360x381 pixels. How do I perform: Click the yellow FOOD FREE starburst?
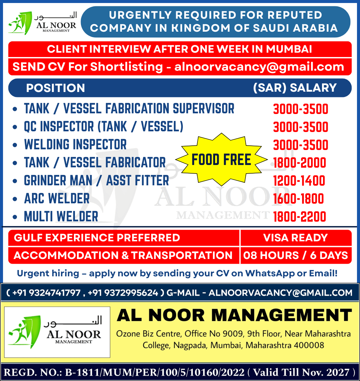coord(221,160)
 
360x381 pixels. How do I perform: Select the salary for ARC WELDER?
coord(298,199)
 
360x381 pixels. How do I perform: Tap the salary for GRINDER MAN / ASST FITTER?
coord(299,181)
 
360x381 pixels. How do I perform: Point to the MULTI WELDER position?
coord(61,217)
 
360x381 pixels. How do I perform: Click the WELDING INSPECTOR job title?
coord(75,145)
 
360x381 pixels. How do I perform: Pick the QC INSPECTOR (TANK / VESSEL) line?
coord(104,127)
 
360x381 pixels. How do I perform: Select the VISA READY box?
coord(295,238)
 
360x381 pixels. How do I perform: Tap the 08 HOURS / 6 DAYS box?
coord(295,255)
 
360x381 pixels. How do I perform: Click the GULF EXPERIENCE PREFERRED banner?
coord(97,238)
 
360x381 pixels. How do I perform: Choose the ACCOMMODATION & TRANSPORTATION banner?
coord(123,255)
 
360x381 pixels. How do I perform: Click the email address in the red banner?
coord(259,67)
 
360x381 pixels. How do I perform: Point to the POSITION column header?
coord(56,88)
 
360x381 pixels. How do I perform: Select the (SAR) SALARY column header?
coord(295,88)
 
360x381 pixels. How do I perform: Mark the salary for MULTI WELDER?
coord(299,217)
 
